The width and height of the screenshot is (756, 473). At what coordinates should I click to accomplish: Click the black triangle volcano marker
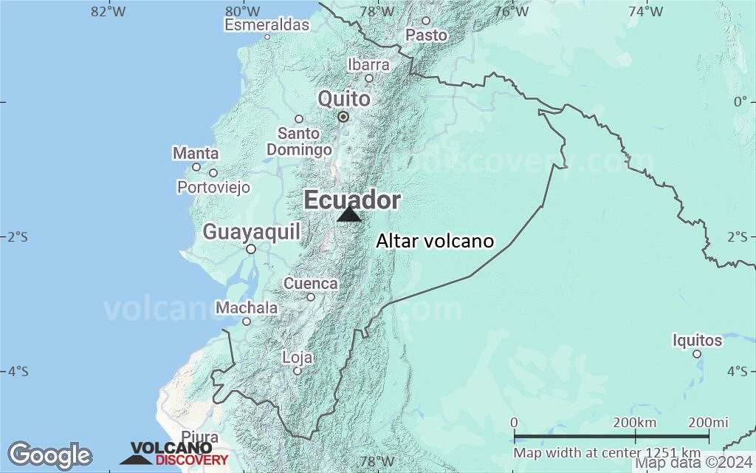(349, 214)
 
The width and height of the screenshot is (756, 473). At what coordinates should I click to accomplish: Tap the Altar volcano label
(435, 241)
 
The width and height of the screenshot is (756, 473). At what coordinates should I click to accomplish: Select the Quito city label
(344, 98)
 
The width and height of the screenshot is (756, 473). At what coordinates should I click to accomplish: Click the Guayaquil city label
(252, 232)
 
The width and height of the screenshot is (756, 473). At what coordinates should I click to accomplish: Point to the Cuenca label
(311, 284)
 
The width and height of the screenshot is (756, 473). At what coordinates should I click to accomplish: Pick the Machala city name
(247, 307)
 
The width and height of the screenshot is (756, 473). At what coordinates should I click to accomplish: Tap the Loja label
(298, 358)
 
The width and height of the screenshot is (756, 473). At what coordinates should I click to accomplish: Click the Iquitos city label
(697, 341)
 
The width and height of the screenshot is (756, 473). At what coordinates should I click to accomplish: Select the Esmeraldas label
(267, 25)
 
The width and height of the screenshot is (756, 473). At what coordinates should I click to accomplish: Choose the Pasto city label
(427, 35)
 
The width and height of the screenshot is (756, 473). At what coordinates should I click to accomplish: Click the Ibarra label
(368, 65)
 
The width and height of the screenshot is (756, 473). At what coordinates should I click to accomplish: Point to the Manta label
(196, 154)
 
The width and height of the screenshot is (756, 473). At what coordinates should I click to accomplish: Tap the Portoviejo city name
(213, 188)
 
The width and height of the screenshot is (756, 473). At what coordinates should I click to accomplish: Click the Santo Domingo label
(299, 142)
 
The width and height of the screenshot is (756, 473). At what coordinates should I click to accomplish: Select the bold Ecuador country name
(352, 200)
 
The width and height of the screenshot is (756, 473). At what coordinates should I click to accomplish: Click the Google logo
(49, 455)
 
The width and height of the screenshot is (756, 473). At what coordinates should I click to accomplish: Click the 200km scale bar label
(635, 422)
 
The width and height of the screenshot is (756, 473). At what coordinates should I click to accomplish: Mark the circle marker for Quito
(343, 117)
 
